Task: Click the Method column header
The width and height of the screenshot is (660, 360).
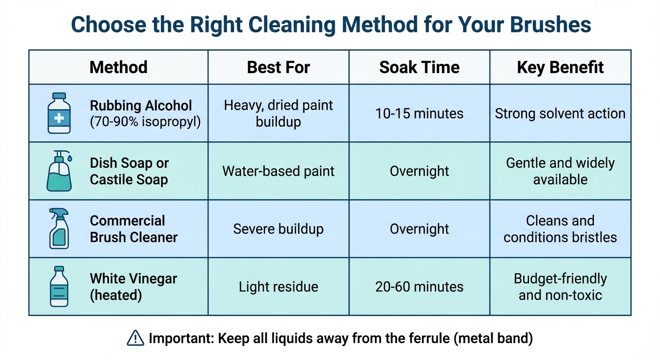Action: pos(118,67)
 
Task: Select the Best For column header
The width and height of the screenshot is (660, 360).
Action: pos(278,67)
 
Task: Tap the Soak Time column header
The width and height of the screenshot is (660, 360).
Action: pos(419,67)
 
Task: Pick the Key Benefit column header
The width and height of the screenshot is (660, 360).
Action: pos(560,67)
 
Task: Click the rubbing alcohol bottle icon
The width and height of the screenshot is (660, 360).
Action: pos(59,113)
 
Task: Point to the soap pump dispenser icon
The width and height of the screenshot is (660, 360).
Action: pos(60,171)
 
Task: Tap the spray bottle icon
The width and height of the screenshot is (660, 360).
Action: pos(59,229)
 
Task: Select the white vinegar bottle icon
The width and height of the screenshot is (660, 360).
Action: pos(59,286)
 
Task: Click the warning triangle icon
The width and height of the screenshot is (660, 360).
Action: pos(135,338)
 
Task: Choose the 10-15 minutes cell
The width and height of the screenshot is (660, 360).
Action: pos(419,113)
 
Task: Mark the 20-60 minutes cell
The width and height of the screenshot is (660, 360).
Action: pos(419,286)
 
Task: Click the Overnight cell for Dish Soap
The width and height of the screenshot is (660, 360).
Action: pos(419,171)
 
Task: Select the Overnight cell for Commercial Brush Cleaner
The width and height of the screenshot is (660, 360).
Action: pos(419,229)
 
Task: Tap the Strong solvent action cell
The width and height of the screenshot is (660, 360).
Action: pos(560,113)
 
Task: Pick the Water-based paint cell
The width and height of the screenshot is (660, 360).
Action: pos(278,171)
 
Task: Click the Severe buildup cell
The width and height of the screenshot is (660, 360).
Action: pos(278,229)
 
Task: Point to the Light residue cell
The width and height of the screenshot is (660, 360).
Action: pos(278,286)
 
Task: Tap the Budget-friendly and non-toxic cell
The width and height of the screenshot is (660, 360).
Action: pos(560,286)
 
